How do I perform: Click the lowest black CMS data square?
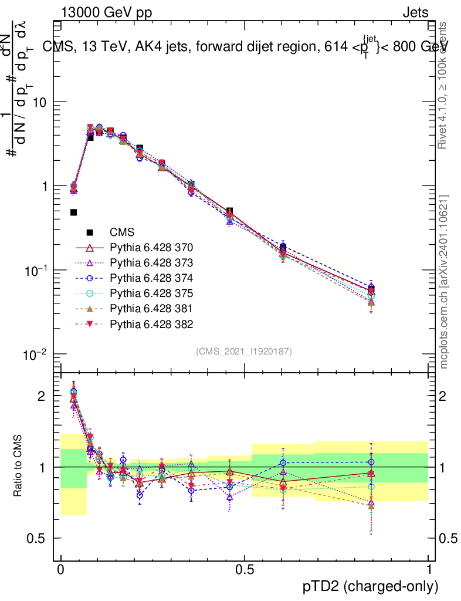(x=74, y=212)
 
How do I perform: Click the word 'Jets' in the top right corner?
(x=415, y=13)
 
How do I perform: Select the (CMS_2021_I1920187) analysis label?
(x=244, y=352)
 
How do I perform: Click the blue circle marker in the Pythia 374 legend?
(x=90, y=278)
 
